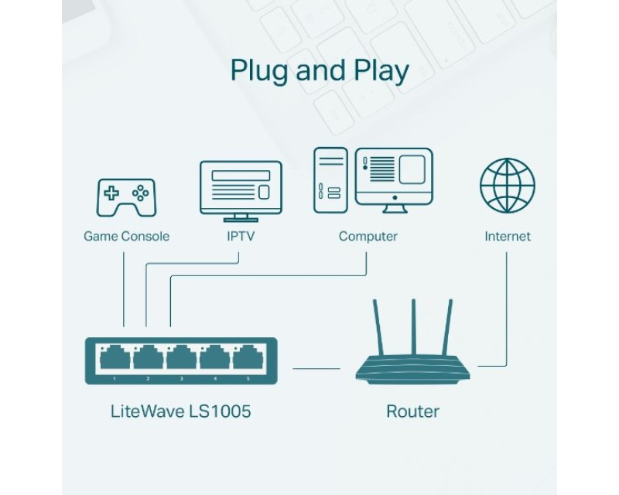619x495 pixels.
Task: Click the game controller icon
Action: (125, 196)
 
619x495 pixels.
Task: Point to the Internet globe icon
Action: (507, 186)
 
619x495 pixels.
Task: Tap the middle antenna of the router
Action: (412, 329)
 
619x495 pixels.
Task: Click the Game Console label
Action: (126, 236)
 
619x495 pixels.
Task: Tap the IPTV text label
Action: (241, 236)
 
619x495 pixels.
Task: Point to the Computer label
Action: (368, 236)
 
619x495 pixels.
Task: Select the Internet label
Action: (508, 236)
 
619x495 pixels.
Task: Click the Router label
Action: (412, 411)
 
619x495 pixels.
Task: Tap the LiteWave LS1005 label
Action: (180, 411)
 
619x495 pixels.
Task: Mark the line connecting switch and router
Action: (316, 369)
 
